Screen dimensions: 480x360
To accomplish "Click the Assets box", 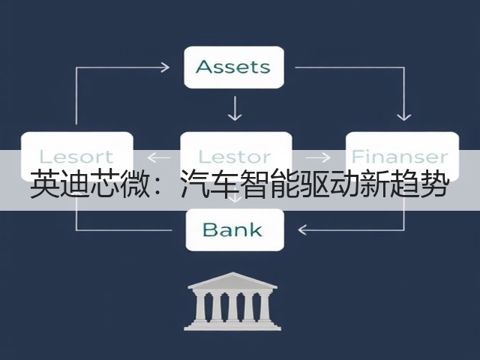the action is (x=234, y=67).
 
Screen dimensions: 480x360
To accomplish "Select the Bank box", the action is (x=235, y=229).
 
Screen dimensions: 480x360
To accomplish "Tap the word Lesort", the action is (x=76, y=157).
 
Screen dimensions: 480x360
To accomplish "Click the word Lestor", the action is (x=235, y=157).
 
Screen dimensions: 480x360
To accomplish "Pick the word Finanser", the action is (x=400, y=157).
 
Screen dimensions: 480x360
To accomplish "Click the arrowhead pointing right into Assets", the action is (x=166, y=67).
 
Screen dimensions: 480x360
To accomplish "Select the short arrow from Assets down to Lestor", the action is (x=235, y=108).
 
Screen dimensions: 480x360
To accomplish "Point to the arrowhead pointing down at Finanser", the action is (x=403, y=116).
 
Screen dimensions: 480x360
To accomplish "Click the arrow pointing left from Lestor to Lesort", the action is (x=159, y=158).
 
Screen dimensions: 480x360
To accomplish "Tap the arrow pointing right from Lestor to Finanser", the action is (x=318, y=157).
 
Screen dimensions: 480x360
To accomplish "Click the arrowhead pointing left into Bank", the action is (x=302, y=229).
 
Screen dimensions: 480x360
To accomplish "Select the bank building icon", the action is (x=232, y=301).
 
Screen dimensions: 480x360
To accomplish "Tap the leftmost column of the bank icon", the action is (x=200, y=307).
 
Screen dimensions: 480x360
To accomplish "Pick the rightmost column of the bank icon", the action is (x=264, y=307).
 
